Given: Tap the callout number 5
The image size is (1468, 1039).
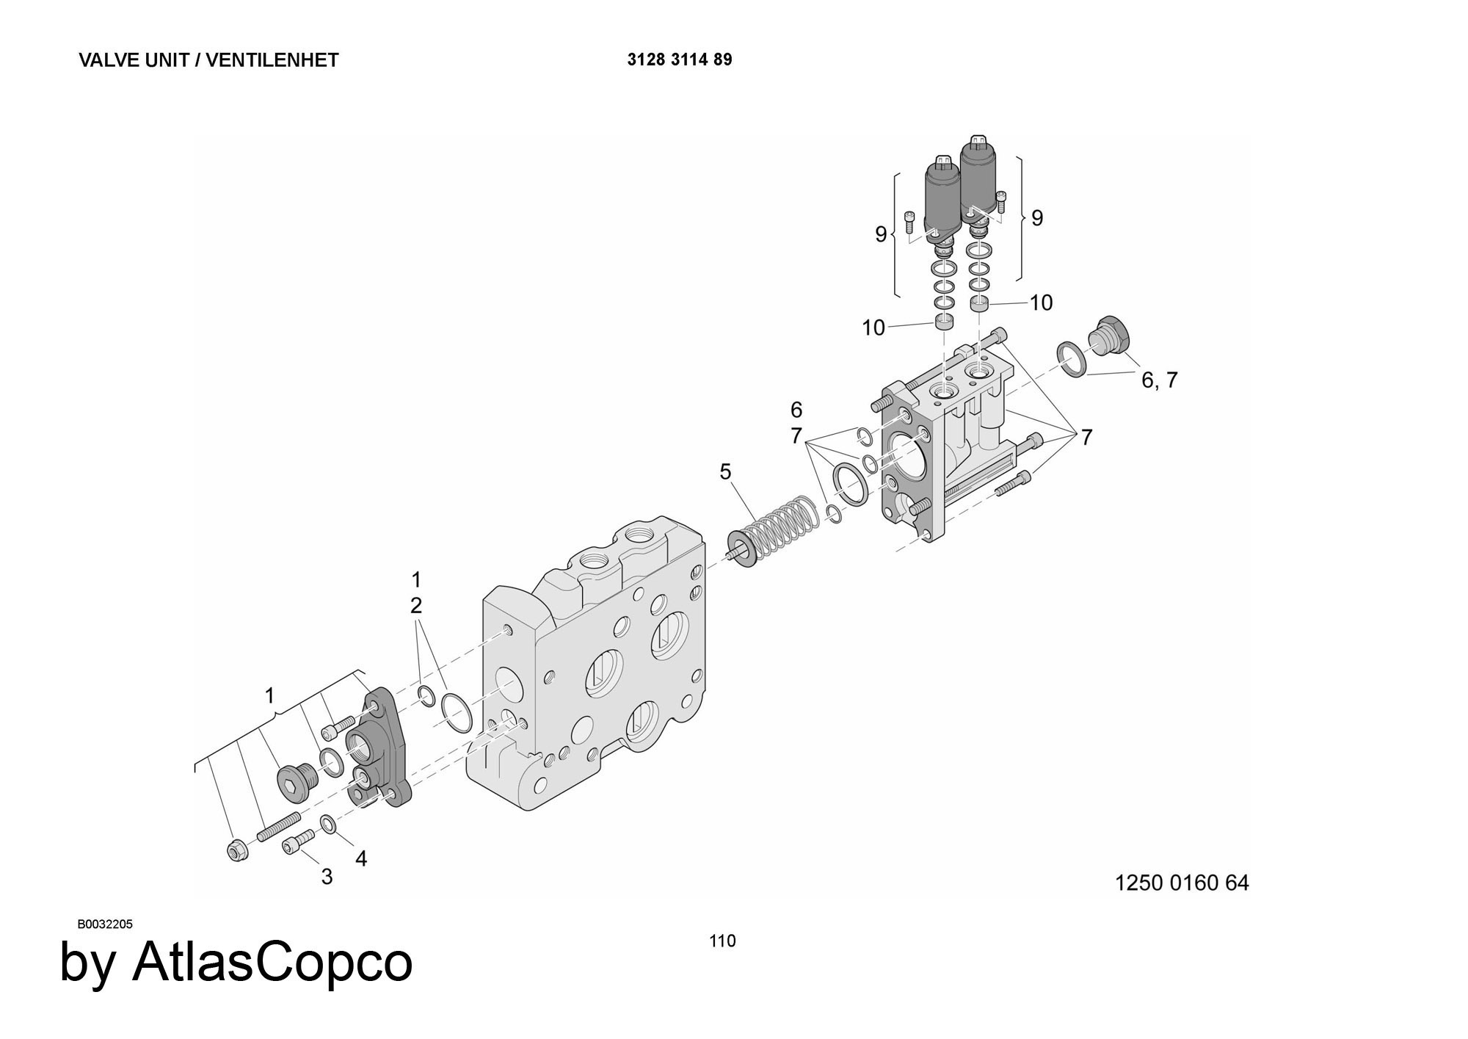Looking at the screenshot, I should tap(725, 472).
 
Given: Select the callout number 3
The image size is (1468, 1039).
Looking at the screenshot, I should tap(327, 877).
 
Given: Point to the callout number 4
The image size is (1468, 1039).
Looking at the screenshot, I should tap(360, 858).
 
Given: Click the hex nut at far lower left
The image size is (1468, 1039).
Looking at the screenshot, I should tap(236, 850).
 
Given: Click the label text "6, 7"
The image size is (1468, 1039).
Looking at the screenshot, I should tap(1159, 380).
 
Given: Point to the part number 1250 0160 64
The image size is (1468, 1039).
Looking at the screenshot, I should tap(1182, 883).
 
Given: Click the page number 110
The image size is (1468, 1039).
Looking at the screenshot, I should tap(722, 941).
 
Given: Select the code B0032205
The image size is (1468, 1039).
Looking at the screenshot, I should tap(105, 924).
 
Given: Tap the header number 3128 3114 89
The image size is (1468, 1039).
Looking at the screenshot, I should tap(679, 59).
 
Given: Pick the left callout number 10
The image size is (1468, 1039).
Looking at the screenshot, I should tap(873, 328).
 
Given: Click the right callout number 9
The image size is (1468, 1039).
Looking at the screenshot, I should tap(1037, 218).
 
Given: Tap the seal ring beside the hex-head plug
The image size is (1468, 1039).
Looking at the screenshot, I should tap(1072, 358).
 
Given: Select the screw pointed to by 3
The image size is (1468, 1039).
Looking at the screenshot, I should tap(298, 841).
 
